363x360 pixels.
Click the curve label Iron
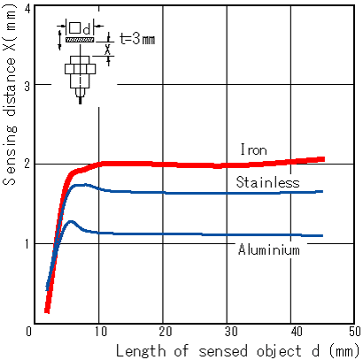tap(254, 149)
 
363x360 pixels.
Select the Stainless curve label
tap(267, 182)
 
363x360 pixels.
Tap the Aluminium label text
tap(269, 249)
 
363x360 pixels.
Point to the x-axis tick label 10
tap(100, 332)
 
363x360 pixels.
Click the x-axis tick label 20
tap(165, 332)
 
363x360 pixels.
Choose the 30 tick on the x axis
tap(231, 332)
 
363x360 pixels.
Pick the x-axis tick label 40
tap(296, 332)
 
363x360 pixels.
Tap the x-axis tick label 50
tap(355, 332)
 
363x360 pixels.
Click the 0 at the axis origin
tap(28, 332)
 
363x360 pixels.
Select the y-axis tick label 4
tap(27, 10)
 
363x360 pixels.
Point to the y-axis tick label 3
tap(27, 86)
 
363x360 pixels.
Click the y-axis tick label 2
tap(27, 164)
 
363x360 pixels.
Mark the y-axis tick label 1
tap(27, 244)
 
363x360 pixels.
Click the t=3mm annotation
tap(137, 39)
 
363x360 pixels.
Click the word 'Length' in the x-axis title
tap(141, 351)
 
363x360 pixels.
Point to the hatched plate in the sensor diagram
tap(80, 40)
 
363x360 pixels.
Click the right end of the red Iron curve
tap(324, 159)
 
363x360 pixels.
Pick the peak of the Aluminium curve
tap(71, 221)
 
